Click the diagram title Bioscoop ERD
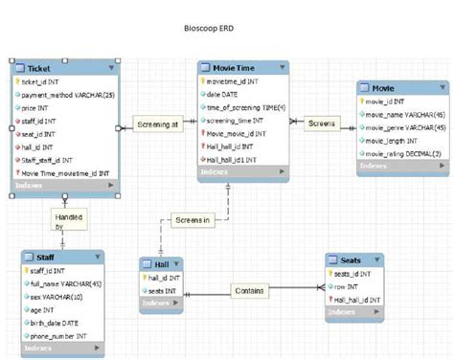tap(210, 29)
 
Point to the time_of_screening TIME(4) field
tap(245, 108)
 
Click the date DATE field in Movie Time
tap(226, 96)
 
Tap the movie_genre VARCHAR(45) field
tap(402, 126)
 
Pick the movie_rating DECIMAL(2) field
tap(402, 153)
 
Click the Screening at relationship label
tap(158, 125)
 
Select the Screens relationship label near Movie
tap(322, 124)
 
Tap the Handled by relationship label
tap(66, 222)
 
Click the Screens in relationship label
tap(193, 220)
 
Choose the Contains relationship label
tap(250, 290)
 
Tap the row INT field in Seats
tap(347, 286)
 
